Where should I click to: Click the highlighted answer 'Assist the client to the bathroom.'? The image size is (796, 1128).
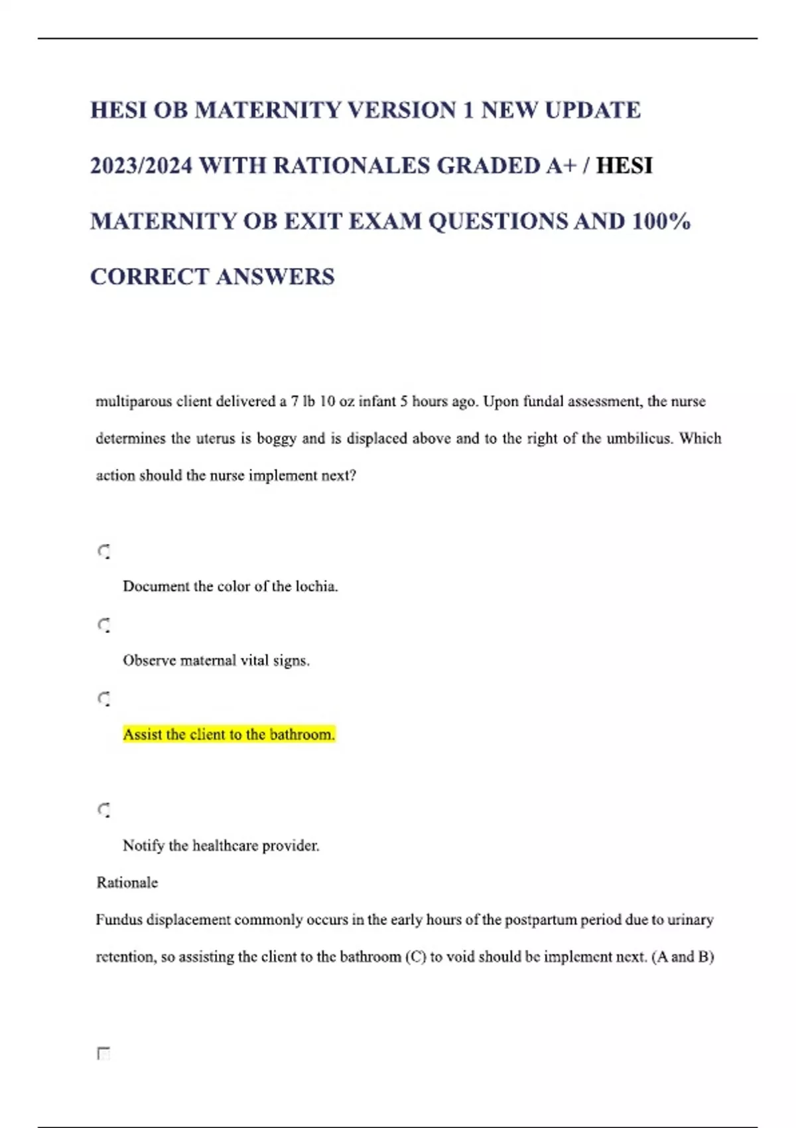tap(229, 735)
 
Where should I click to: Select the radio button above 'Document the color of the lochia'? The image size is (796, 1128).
tap(104, 551)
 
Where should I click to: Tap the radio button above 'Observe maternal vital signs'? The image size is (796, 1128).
tap(104, 625)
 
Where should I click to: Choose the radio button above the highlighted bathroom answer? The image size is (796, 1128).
tap(104, 699)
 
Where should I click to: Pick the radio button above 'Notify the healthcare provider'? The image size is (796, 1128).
tap(104, 810)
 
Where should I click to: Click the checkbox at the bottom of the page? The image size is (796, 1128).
tap(103, 1054)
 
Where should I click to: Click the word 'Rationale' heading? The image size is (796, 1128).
tap(127, 882)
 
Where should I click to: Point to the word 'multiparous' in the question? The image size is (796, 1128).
tap(133, 401)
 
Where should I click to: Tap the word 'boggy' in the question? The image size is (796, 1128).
tap(276, 439)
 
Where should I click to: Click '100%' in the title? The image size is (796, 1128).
tap(661, 221)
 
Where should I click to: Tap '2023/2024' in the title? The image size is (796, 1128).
tap(141, 165)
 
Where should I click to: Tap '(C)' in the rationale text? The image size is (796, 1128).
tap(415, 957)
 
